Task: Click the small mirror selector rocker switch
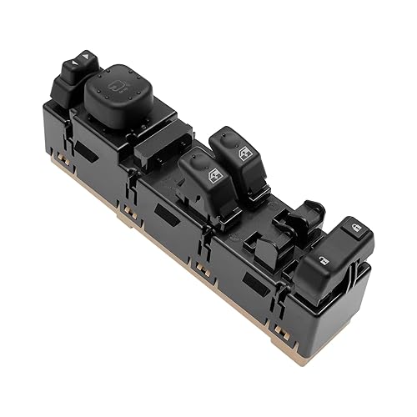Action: pyautogui.click(x=76, y=68)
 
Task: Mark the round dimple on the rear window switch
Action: pyautogui.click(x=224, y=138)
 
